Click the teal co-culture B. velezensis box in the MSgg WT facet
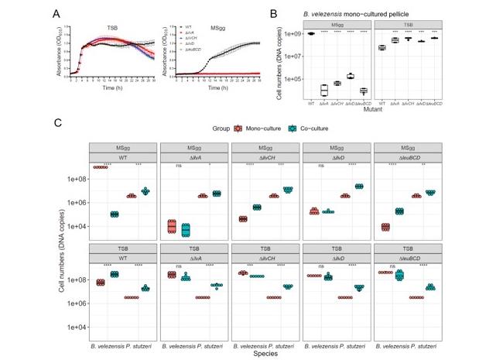pos(114,214)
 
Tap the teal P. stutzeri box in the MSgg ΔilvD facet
pos(360,186)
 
